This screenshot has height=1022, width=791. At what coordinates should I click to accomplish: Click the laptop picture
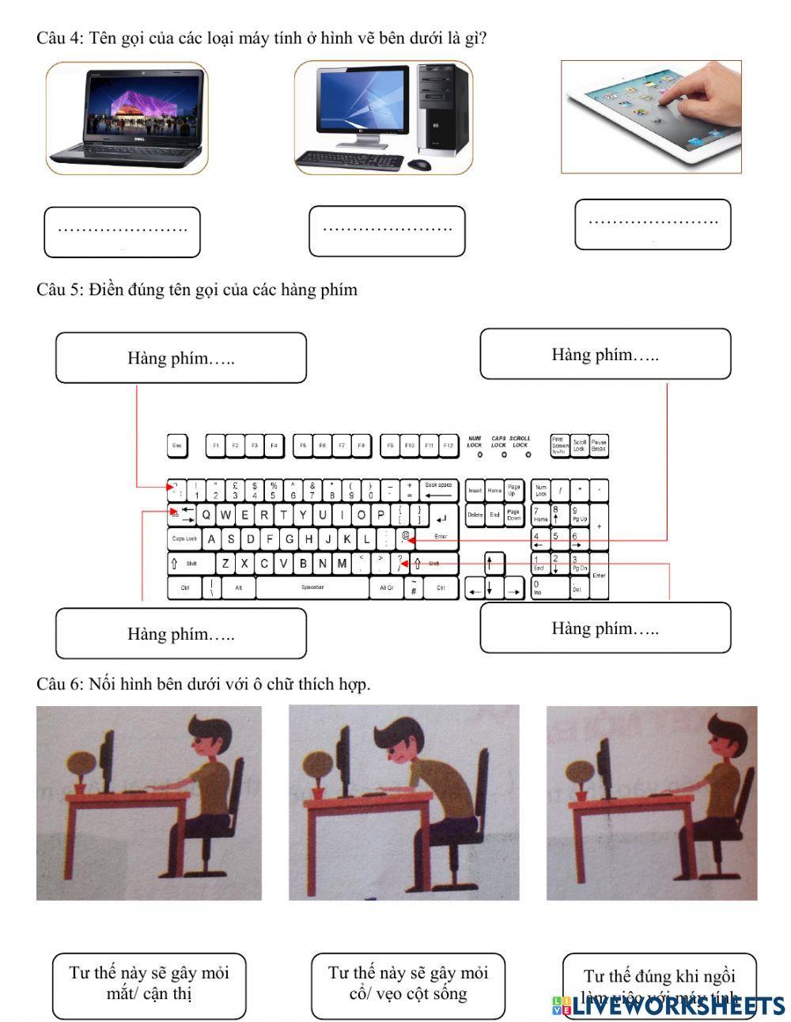[127, 117]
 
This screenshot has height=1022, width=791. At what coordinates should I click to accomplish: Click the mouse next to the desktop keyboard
[419, 165]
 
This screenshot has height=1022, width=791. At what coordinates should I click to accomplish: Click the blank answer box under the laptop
[122, 232]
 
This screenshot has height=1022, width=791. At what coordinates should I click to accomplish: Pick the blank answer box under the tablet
[652, 224]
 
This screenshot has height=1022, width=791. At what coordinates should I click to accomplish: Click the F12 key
[448, 446]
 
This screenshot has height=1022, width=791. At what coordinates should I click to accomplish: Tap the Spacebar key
[312, 588]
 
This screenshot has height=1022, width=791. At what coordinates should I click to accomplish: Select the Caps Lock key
[184, 539]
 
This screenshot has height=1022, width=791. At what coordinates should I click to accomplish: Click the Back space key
[438, 489]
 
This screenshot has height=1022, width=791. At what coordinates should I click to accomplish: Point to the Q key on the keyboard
[206, 515]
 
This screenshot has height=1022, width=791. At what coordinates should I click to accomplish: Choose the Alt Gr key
[386, 588]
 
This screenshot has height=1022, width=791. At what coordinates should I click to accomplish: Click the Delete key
[475, 515]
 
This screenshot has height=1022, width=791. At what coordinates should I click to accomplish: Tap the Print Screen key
[559, 445]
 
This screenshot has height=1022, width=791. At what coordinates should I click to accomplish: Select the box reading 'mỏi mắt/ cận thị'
[149, 985]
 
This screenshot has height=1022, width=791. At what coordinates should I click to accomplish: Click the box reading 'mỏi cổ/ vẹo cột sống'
[407, 985]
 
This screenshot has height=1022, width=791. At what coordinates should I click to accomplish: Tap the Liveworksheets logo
[668, 1006]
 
